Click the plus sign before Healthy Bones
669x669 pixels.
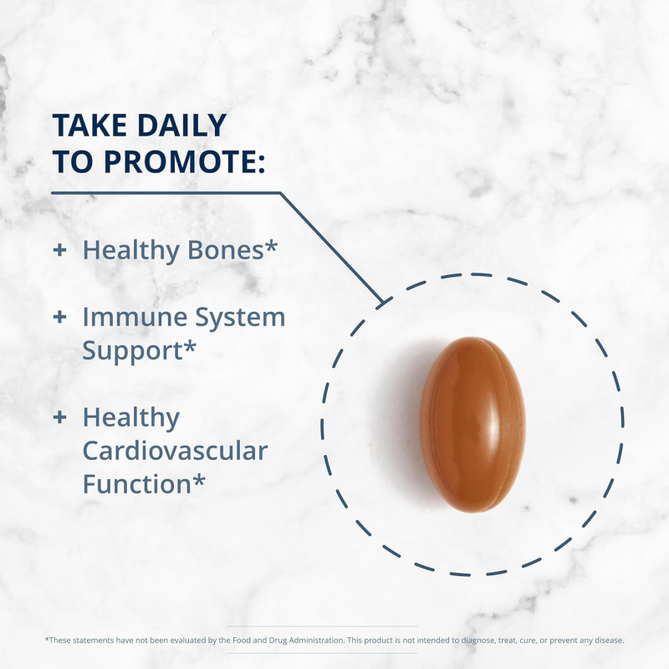pyautogui.click(x=59, y=250)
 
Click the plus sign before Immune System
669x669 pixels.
pyautogui.click(x=59, y=317)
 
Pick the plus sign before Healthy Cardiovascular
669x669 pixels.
pyautogui.click(x=59, y=417)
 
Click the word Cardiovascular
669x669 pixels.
pyautogui.click(x=175, y=452)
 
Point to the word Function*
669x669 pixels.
pyautogui.click(x=144, y=484)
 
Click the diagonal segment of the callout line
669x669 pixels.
pyautogui.click(x=330, y=246)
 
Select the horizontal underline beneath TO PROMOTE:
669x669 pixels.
pyautogui.click(x=167, y=193)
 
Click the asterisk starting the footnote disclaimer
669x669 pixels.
pyautogui.click(x=46, y=640)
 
